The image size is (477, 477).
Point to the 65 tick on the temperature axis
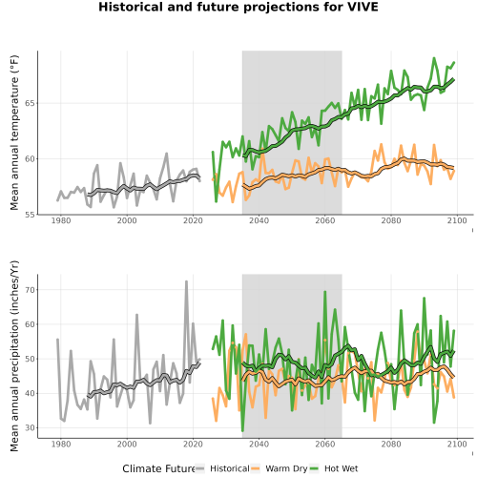[30, 103]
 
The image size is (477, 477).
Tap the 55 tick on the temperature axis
[30, 215]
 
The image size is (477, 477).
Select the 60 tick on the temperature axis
[30, 159]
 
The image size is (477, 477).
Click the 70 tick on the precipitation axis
[30, 290]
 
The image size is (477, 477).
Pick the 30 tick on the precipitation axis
[30, 427]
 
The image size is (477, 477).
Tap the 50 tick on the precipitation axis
[30, 359]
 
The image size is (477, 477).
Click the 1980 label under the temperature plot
[61, 220]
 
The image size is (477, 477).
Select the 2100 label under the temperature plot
[457, 220]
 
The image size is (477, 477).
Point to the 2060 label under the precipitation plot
[325, 444]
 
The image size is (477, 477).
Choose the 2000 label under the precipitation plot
[127, 444]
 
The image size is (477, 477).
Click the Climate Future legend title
[159, 468]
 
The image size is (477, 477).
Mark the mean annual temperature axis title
[14, 133]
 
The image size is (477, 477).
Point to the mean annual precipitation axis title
[14, 356]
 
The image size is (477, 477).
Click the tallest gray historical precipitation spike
[186, 281]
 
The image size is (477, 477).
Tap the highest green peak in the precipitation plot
[325, 292]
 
